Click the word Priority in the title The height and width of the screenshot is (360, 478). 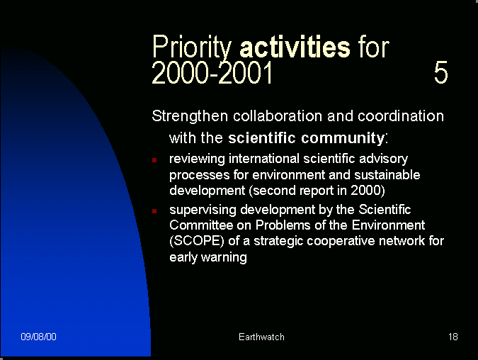192,47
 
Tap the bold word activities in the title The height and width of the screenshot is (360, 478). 295,46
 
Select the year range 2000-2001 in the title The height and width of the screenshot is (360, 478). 212,72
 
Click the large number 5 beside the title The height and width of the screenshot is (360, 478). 440,72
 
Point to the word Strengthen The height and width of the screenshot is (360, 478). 190,116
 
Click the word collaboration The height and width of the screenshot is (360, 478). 278,116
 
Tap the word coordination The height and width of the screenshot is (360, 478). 401,116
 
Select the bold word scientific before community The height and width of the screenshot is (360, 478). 262,138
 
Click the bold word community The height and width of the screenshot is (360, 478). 343,138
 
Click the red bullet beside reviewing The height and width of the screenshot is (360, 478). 154,160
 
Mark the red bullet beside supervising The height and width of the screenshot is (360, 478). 154,210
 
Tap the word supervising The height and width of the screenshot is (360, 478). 203,210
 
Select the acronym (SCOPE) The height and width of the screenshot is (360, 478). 197,241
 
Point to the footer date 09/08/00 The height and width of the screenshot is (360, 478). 38,337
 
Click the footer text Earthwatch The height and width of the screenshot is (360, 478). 261,337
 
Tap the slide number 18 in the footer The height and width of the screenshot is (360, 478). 453,337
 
